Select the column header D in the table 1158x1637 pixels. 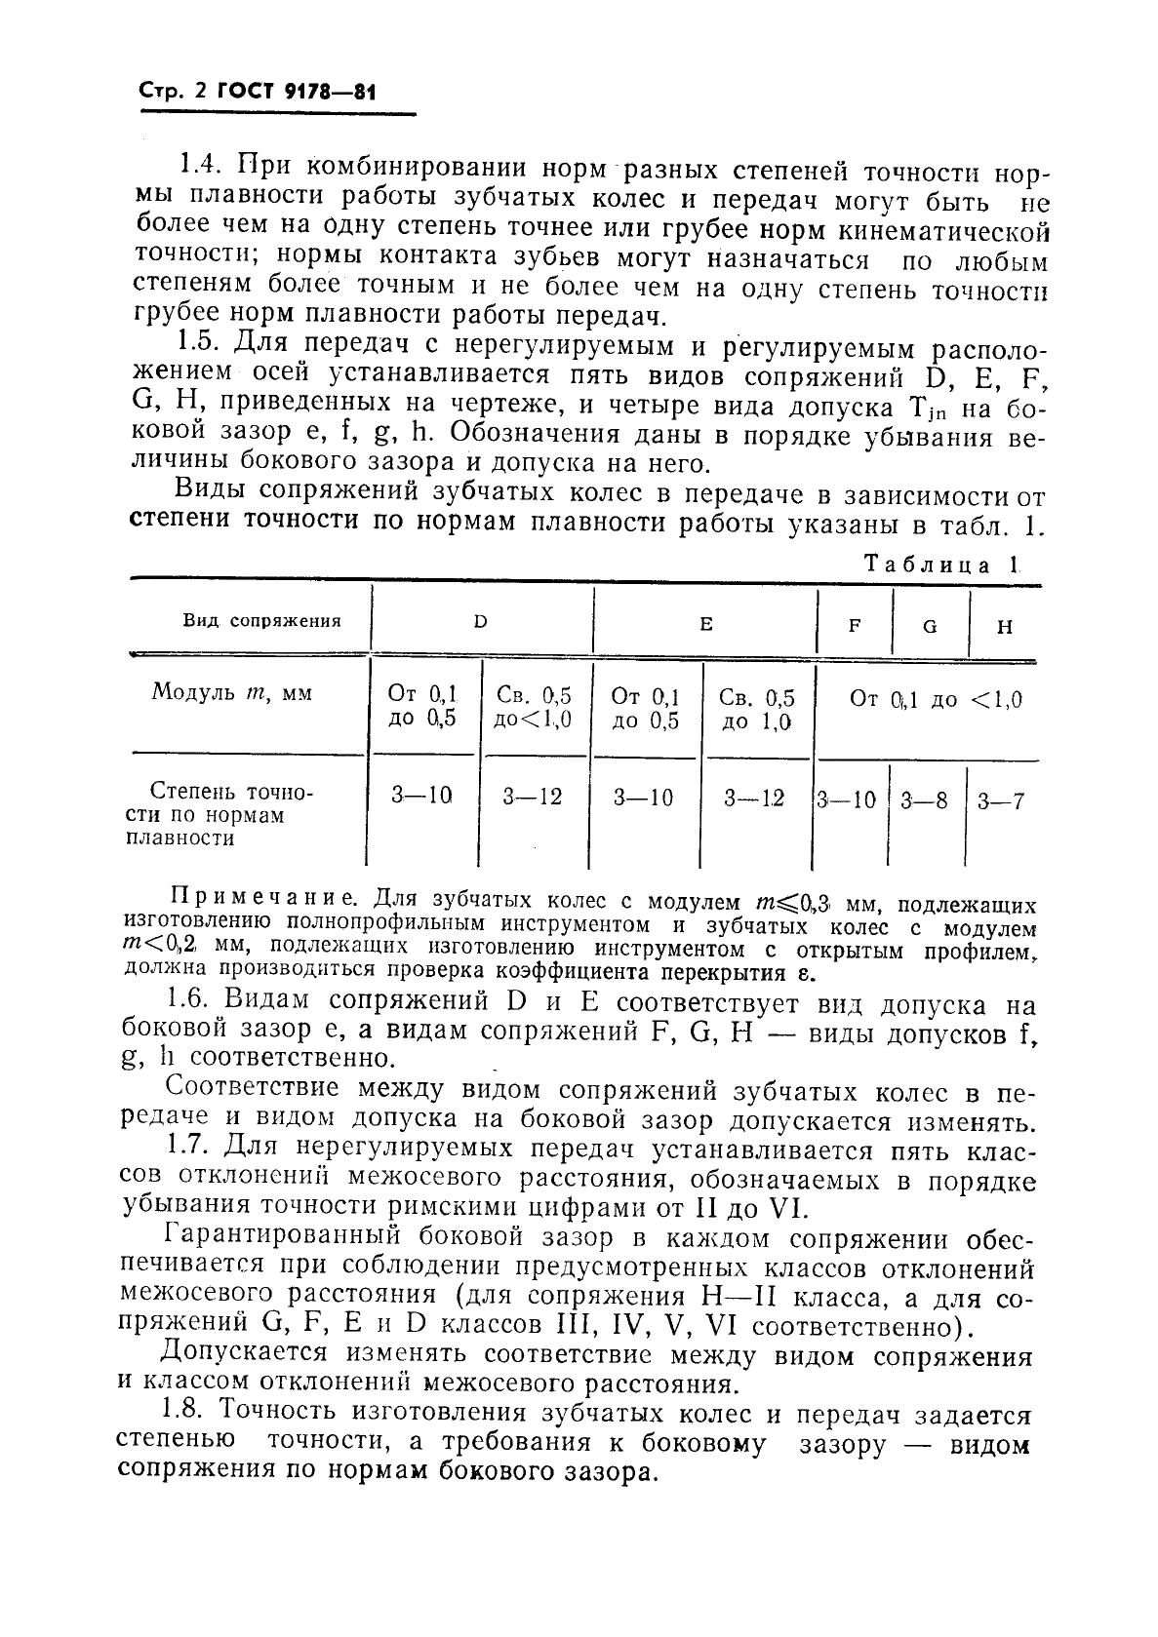[x=480, y=622]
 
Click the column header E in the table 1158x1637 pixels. [x=705, y=623]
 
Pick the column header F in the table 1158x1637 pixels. [x=854, y=626]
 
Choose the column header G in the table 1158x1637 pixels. [x=930, y=626]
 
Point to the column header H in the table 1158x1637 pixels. [x=1005, y=626]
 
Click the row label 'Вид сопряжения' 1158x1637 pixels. [x=261, y=620]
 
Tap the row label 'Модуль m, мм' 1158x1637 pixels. [x=231, y=693]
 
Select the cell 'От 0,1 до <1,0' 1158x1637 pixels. [x=936, y=699]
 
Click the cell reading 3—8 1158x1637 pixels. [x=924, y=801]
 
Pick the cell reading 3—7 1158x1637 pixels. [x=1001, y=801]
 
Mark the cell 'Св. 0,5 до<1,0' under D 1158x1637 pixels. [x=533, y=708]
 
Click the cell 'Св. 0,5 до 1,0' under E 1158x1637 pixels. [x=756, y=709]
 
